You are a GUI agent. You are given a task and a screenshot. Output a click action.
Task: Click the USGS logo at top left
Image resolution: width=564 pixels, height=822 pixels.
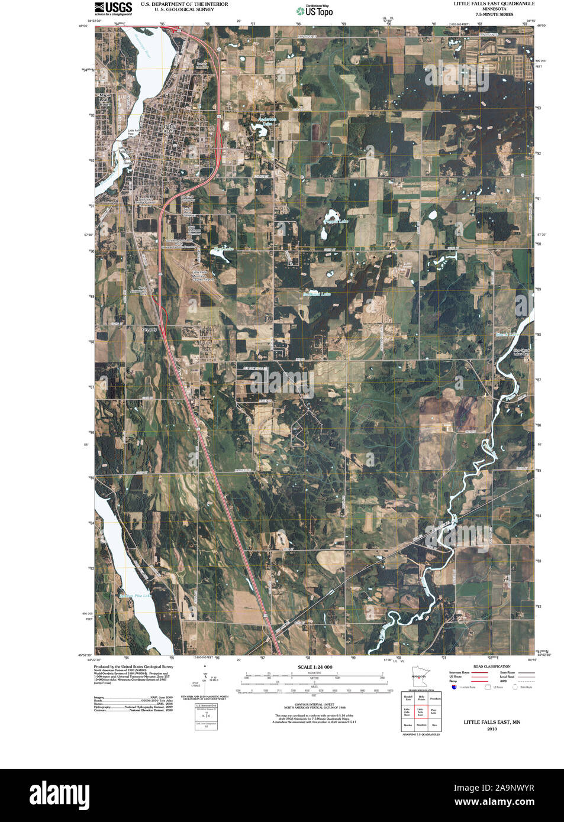point(113,8)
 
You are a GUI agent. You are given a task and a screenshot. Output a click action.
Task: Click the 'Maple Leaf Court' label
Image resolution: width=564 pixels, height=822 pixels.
point(105,99)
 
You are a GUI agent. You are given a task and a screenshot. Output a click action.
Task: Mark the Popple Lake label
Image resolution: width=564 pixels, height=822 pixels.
point(336,221)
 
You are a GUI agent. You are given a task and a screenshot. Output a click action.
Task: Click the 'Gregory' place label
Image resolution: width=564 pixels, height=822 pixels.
point(150,329)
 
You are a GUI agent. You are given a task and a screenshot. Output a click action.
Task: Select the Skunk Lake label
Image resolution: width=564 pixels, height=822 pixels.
point(507,335)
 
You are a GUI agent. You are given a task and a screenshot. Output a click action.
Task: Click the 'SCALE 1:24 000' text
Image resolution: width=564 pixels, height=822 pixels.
point(315,667)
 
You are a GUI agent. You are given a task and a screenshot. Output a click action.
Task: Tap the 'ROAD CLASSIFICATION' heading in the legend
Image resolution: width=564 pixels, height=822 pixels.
point(491,666)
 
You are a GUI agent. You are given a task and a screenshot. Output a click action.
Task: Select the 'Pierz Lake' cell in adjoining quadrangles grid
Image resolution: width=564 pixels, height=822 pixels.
point(434,711)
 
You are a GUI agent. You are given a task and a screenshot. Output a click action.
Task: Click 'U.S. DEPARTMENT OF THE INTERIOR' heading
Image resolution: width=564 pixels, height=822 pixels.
point(184,4)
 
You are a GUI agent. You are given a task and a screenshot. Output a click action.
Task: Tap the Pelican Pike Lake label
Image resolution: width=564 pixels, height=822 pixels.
point(135,596)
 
